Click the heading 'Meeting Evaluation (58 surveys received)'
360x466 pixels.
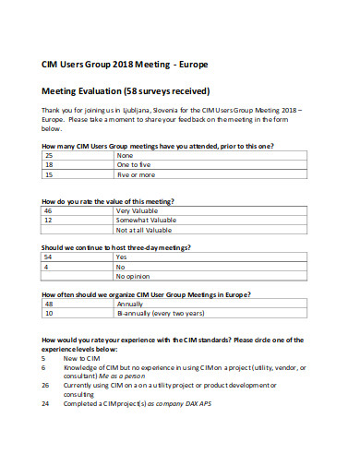click(126, 91)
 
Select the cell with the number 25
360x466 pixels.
click(49, 155)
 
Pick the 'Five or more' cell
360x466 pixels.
click(137, 173)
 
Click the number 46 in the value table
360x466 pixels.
click(49, 210)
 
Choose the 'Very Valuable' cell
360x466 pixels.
click(138, 210)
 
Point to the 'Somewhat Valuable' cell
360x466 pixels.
click(146, 220)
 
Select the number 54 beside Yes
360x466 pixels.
click(49, 257)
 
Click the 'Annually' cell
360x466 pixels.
click(131, 304)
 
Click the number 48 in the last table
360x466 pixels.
click(49, 304)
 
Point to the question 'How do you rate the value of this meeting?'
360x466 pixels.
click(108, 200)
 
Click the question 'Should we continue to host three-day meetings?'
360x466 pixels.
click(116, 247)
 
